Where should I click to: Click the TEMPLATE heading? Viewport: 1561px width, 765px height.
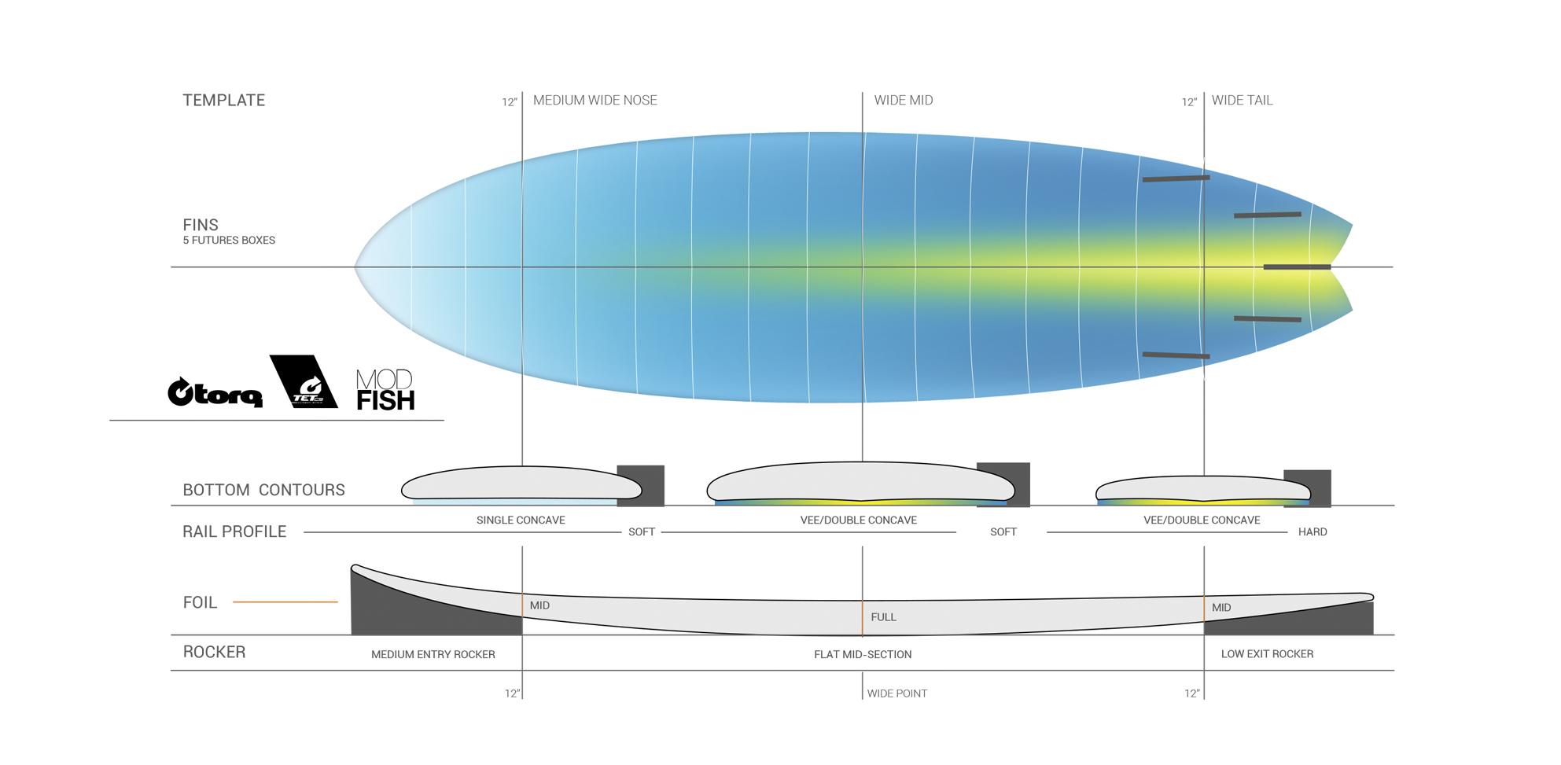tap(223, 101)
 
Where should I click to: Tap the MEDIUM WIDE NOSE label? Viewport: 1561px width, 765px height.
tap(595, 101)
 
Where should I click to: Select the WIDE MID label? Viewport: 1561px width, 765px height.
tap(903, 101)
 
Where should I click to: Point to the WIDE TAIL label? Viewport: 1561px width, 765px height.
tap(1242, 101)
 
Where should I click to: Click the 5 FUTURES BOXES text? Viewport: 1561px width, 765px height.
tap(229, 241)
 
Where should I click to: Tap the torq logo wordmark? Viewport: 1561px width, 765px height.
tap(215, 392)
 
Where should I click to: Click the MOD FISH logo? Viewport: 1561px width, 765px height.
tap(385, 390)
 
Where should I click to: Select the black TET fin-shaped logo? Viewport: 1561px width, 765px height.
tap(303, 382)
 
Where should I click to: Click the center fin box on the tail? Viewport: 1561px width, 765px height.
tap(1297, 267)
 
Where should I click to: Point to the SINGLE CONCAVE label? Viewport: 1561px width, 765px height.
tap(521, 520)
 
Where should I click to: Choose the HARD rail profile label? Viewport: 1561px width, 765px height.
tap(1312, 532)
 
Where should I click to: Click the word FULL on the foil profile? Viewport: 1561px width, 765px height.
tap(883, 617)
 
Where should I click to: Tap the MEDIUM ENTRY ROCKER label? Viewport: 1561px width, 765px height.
tap(433, 654)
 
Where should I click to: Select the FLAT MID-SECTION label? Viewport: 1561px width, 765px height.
tap(863, 654)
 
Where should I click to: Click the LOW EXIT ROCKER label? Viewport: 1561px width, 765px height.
tap(1267, 654)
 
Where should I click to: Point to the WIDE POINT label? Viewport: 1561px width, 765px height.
tap(896, 693)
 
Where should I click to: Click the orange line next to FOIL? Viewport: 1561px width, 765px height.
tap(285, 602)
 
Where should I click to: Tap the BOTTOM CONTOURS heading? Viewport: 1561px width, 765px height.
tap(263, 490)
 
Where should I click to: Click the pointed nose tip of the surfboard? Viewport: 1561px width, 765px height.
tap(357, 267)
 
